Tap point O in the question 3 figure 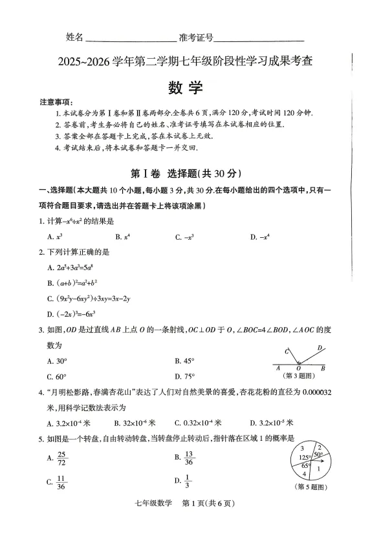pyautogui.click(x=298, y=369)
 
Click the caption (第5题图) pyautogui.click(x=310, y=486)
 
